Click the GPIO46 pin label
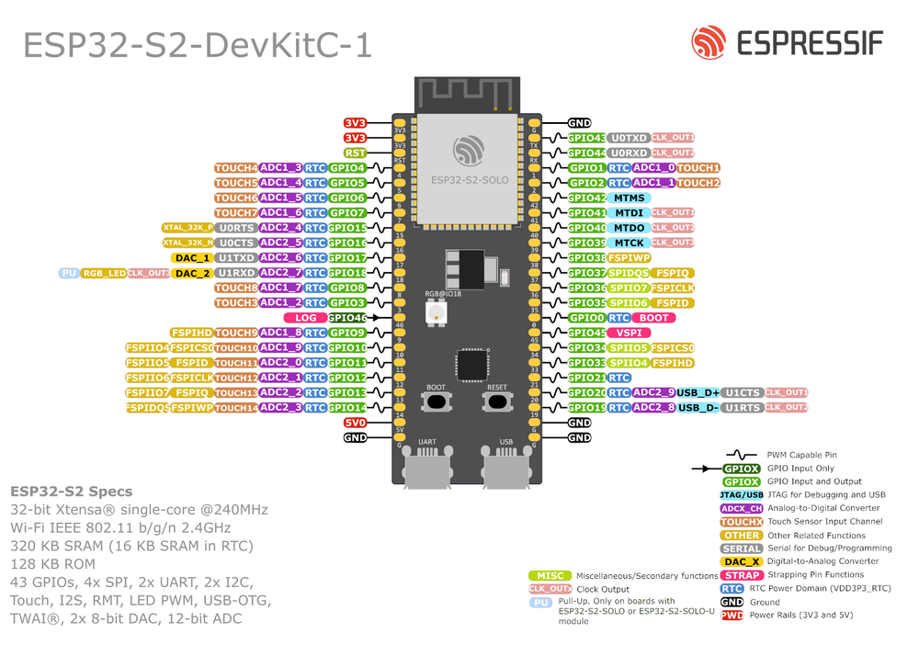click(347, 318)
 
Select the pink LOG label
click(305, 318)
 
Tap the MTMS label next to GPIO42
click(630, 198)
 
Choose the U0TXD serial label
click(630, 138)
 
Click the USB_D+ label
click(698, 392)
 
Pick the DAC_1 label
click(193, 258)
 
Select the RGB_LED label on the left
click(103, 274)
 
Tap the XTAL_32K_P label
click(187, 228)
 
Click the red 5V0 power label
click(356, 423)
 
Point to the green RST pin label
click(356, 153)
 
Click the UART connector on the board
click(427, 468)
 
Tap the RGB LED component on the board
click(435, 312)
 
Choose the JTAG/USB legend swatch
click(742, 495)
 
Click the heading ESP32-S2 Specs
click(72, 492)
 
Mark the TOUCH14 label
click(236, 408)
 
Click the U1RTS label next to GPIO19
click(742, 407)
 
